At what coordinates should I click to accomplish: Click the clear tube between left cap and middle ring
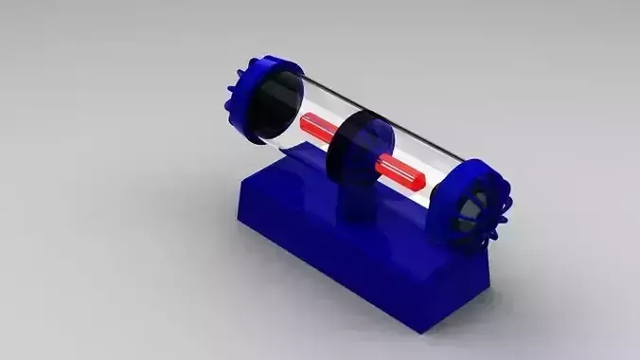312,104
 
